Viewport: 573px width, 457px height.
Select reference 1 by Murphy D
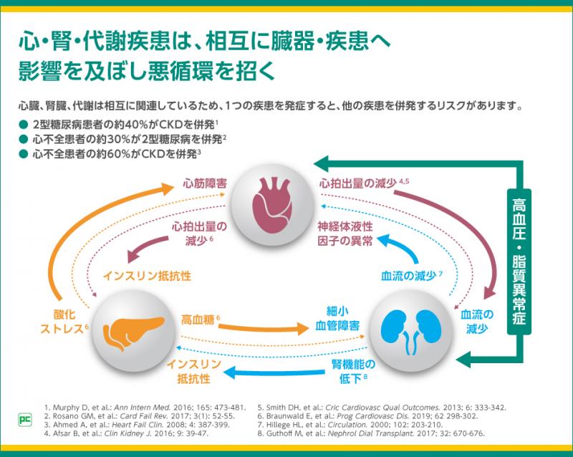tap(145, 407)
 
